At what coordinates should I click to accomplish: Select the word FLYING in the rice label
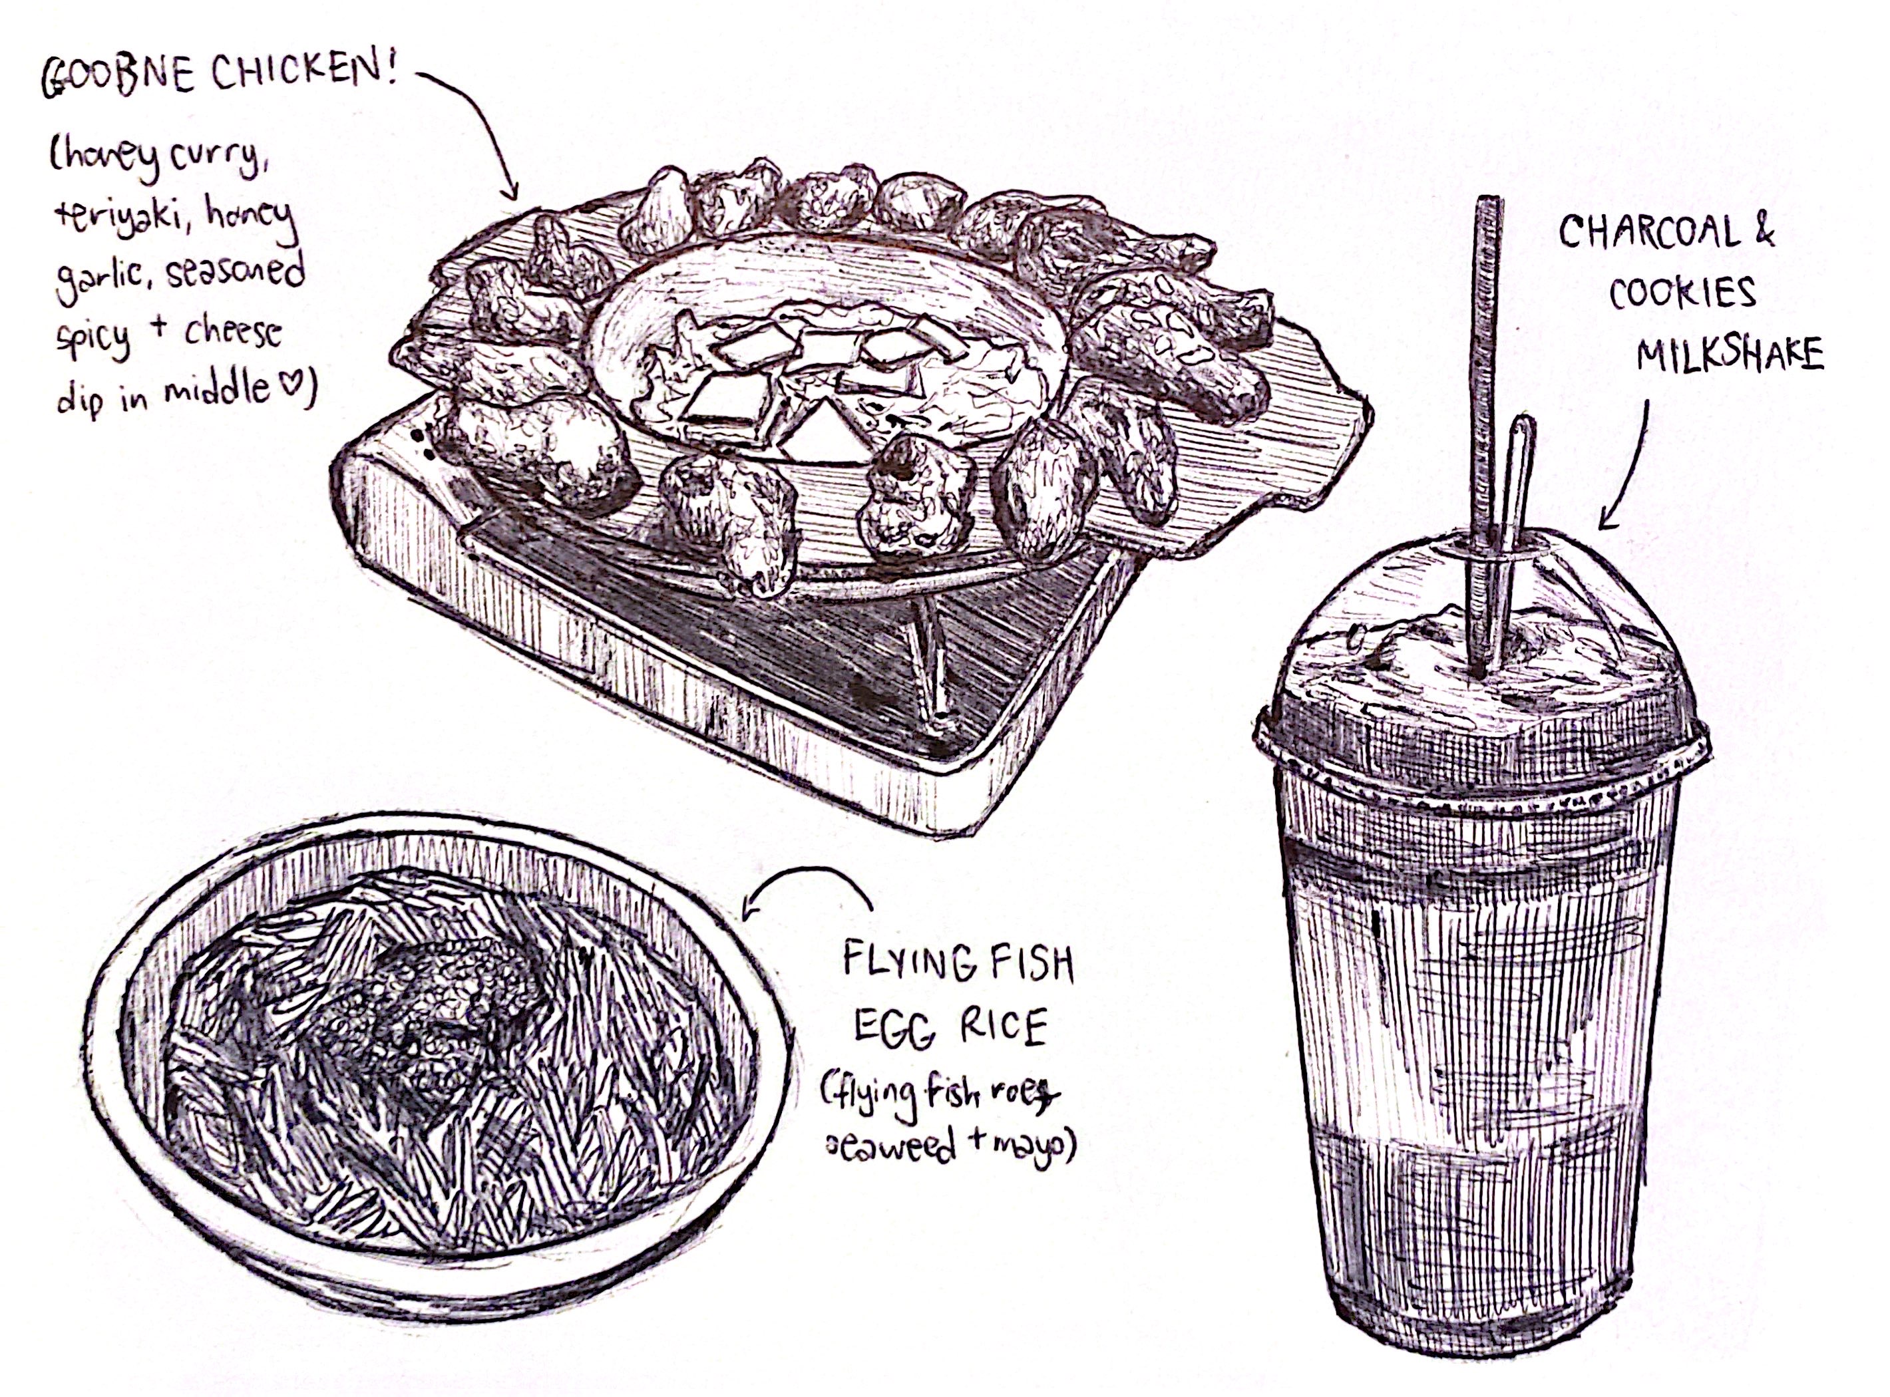coord(904,965)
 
